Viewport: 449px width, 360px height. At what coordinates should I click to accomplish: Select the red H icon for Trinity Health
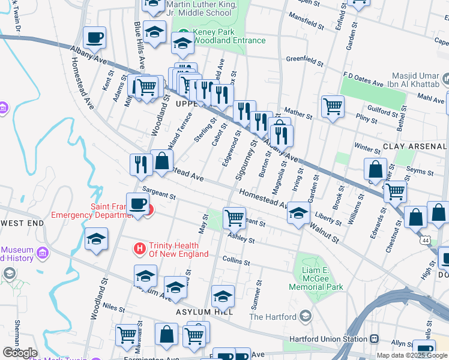pyautogui.click(x=140, y=247)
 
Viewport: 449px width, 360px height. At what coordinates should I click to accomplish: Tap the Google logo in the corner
pyautogui.click(x=19, y=353)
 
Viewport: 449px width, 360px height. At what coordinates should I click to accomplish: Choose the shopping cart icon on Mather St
pyautogui.click(x=333, y=107)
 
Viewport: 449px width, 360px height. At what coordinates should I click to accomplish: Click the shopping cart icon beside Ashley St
pyautogui.click(x=234, y=217)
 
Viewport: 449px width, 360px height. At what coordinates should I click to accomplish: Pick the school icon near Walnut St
pyautogui.click(x=298, y=213)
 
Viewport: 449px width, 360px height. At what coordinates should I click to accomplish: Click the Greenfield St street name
pyautogui.click(x=305, y=60)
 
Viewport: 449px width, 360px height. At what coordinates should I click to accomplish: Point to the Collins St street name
pyautogui.click(x=236, y=260)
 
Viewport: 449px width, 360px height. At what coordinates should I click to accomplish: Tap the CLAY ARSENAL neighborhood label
pyautogui.click(x=414, y=146)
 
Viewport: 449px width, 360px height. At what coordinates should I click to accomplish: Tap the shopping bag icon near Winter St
pyautogui.click(x=375, y=170)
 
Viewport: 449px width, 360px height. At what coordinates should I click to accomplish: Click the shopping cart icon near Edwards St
pyautogui.click(x=395, y=191)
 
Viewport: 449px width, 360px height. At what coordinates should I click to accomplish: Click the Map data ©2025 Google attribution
pyautogui.click(x=412, y=355)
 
